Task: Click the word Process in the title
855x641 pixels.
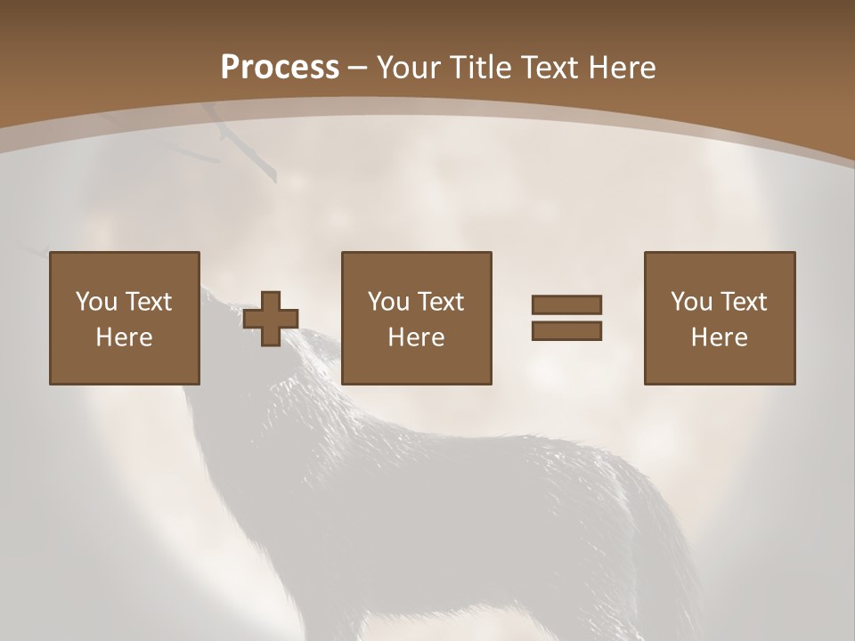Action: [280, 68]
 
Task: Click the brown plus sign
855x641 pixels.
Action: [272, 319]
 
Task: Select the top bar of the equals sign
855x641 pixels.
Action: [566, 304]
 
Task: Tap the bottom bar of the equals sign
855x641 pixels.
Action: [566, 331]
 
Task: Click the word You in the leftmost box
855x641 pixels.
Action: [96, 302]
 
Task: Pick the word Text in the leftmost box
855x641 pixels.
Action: [148, 302]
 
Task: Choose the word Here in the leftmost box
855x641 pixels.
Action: [124, 337]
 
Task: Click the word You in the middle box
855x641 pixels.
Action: [388, 302]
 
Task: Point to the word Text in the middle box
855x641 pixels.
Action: [440, 302]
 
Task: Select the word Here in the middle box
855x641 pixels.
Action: [416, 337]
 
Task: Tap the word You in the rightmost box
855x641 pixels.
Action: [691, 302]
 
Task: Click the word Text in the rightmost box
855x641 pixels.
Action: [743, 302]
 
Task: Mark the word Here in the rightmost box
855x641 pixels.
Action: [719, 337]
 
